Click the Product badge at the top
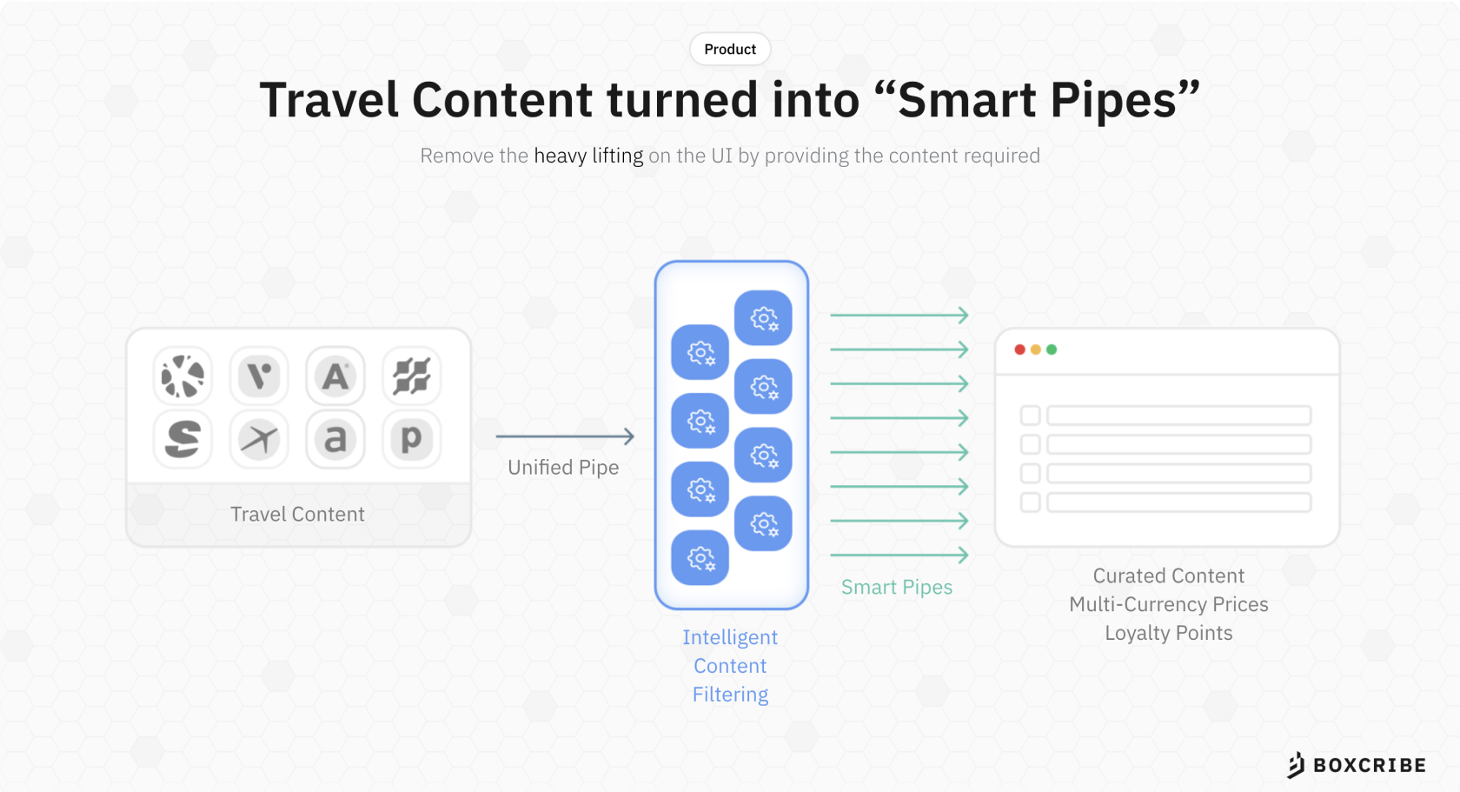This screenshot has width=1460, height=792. pos(730,49)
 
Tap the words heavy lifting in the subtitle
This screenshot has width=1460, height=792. pos(588,156)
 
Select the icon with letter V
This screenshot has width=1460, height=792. pos(259,376)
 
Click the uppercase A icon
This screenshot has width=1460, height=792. pos(335,376)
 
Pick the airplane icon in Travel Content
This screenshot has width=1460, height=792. pos(259,439)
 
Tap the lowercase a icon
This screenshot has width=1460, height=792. pos(335,439)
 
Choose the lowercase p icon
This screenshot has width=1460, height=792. pos(411,439)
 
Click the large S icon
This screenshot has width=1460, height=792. pos(183,439)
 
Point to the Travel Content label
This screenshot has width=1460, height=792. pos(297,514)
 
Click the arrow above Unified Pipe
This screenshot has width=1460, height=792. pos(565,436)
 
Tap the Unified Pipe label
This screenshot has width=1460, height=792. pos(563,468)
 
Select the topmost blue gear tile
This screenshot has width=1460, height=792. pos(763,318)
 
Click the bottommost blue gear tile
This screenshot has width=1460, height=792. pos(700,557)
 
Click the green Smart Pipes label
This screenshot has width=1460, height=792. pos(897,587)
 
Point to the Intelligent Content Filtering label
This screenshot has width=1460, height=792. pos(730,666)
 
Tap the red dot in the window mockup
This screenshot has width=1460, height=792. pos(1020,350)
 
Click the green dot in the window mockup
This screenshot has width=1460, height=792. pos(1052,350)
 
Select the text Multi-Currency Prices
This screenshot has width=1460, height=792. pos(1169,604)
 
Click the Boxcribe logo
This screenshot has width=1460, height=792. pos(1357,765)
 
